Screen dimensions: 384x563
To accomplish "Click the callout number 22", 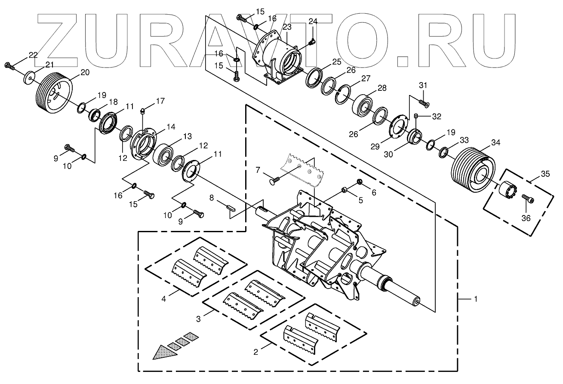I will tap(33, 55).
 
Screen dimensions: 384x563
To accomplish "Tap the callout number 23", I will tap(287, 27).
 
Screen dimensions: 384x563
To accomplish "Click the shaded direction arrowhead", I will tap(166, 351).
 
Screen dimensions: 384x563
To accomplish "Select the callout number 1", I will tap(475, 298).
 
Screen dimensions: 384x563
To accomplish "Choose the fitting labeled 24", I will tap(312, 41).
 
